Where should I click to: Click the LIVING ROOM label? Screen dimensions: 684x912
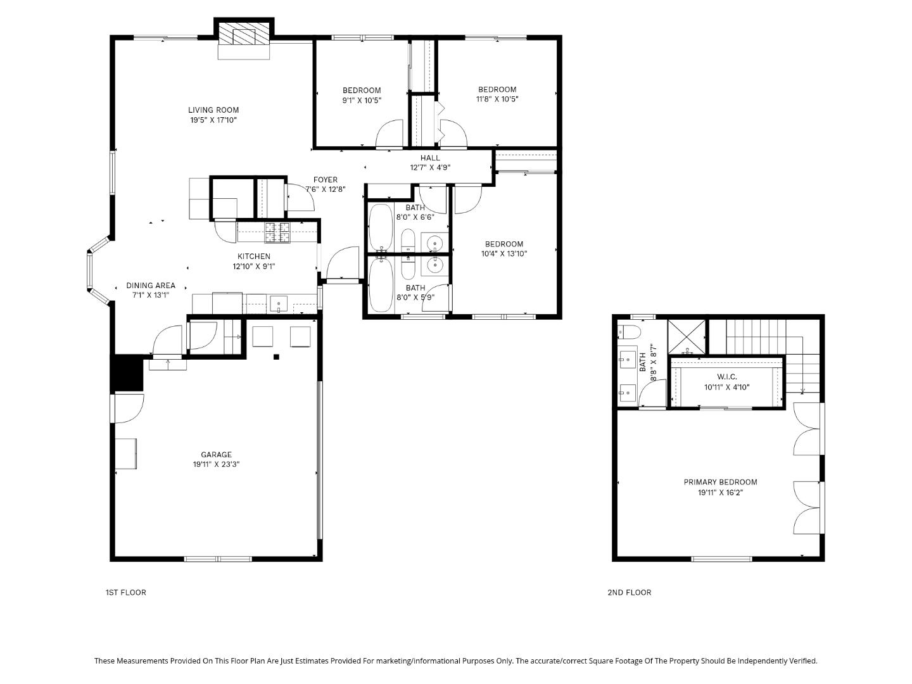coord(213,110)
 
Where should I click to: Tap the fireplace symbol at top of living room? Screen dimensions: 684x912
coord(244,37)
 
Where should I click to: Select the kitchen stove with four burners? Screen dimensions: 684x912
coord(277,232)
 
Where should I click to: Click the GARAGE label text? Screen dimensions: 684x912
coord(216,455)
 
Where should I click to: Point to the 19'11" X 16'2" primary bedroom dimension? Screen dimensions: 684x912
coord(720,492)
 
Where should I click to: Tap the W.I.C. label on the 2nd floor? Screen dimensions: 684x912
coord(726,377)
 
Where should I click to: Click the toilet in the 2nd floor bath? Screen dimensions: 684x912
coord(630,331)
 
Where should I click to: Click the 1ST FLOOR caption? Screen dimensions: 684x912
coord(125,593)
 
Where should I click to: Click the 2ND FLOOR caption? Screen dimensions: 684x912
coord(629,593)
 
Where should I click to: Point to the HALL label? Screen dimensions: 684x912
coord(429,158)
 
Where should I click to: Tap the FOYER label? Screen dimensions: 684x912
coord(326,180)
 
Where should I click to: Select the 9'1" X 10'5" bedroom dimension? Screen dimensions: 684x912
coord(362,100)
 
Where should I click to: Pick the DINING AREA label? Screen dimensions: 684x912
coord(151,286)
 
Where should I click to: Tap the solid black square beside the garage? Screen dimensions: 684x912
coord(127,373)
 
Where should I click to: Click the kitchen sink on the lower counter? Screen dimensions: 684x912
coord(279,304)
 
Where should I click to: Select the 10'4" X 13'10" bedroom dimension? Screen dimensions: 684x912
coord(504,254)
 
